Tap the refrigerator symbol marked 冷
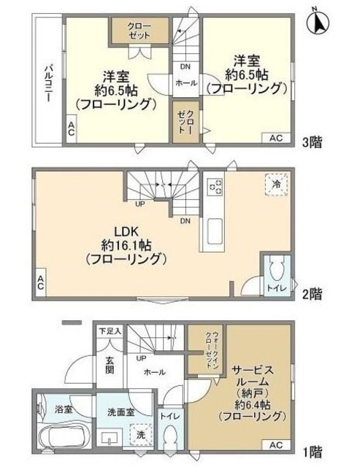tap(276, 185)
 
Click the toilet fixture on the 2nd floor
tap(275, 273)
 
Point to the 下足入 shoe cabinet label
tap(111, 331)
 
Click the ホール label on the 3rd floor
tap(186, 83)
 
